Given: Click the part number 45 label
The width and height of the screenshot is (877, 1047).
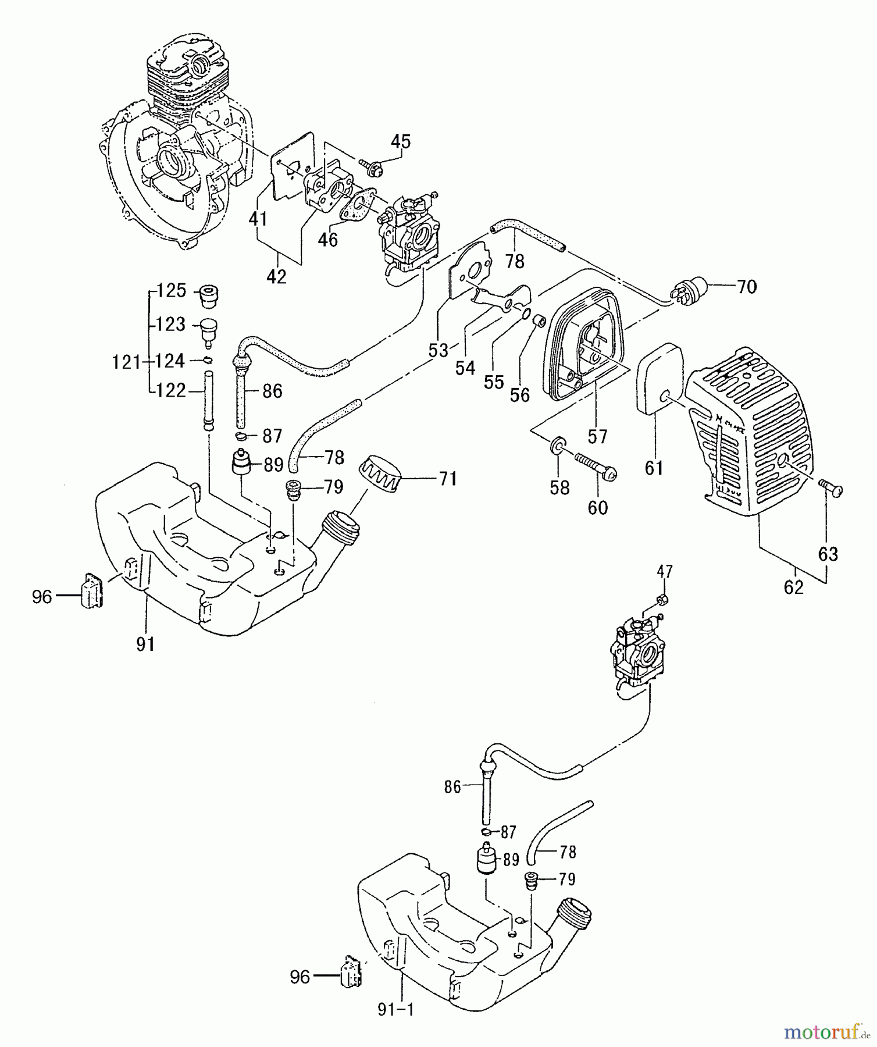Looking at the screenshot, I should pos(400,141).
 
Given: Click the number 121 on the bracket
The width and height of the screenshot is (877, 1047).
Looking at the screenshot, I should pos(126,362).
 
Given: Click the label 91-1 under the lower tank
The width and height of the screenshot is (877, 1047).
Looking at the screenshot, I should pos(395,1010).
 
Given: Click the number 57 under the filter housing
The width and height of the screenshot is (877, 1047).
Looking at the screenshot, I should pos(597,436).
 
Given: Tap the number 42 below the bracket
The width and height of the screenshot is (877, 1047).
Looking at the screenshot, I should pos(276,277).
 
